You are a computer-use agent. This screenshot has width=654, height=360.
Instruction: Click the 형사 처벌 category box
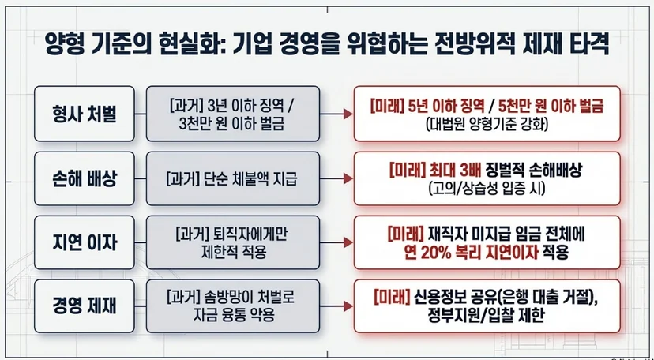tap(85, 114)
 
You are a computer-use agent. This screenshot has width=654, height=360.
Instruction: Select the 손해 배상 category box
tap(85, 178)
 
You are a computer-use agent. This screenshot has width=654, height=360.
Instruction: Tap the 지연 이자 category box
tap(85, 242)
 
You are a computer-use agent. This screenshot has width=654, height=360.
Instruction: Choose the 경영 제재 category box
tap(85, 306)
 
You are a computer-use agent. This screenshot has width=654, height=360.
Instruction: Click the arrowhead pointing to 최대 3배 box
tap(348, 178)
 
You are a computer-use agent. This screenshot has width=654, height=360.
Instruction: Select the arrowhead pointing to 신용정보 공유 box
tap(348, 306)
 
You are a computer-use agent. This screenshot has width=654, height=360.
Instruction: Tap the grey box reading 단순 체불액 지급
tap(233, 178)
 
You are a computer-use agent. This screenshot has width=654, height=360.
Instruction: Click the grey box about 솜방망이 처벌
tap(233, 306)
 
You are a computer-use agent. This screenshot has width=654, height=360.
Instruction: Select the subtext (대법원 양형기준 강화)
tap(487, 125)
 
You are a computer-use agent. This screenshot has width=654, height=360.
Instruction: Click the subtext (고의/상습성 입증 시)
tap(487, 189)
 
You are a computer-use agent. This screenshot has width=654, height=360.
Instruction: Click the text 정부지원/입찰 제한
tap(486, 317)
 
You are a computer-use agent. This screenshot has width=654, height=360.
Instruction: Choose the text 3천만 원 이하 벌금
tap(232, 124)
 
